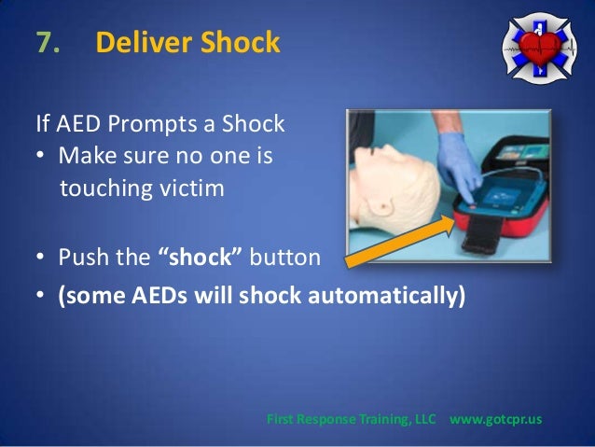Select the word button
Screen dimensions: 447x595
pos(288,257)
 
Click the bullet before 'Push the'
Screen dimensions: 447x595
pos(41,258)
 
